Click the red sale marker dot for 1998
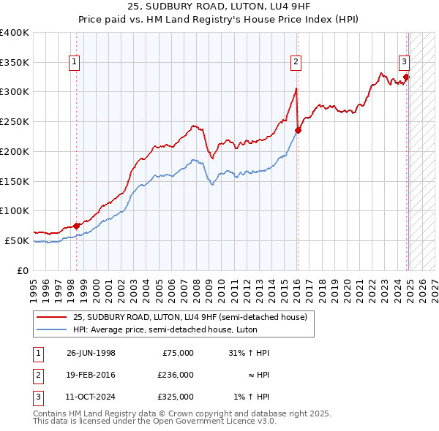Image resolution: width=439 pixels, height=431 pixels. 76,226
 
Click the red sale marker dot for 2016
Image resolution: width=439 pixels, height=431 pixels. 298,131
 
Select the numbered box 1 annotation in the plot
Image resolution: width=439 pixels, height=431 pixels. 75,63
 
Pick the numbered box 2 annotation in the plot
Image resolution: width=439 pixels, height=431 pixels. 296,63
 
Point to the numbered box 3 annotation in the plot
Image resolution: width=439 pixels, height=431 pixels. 404,63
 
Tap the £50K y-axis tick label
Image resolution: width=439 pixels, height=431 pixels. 17,240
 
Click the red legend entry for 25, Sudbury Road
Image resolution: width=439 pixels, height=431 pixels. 194,317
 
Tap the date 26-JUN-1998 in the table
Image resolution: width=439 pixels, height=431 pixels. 91,353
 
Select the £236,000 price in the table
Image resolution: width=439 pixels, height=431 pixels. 176,375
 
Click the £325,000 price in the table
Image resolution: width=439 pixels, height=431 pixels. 176,397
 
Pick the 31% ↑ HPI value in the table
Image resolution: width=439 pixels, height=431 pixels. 249,353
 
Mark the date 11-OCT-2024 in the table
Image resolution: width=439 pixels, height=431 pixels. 91,397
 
